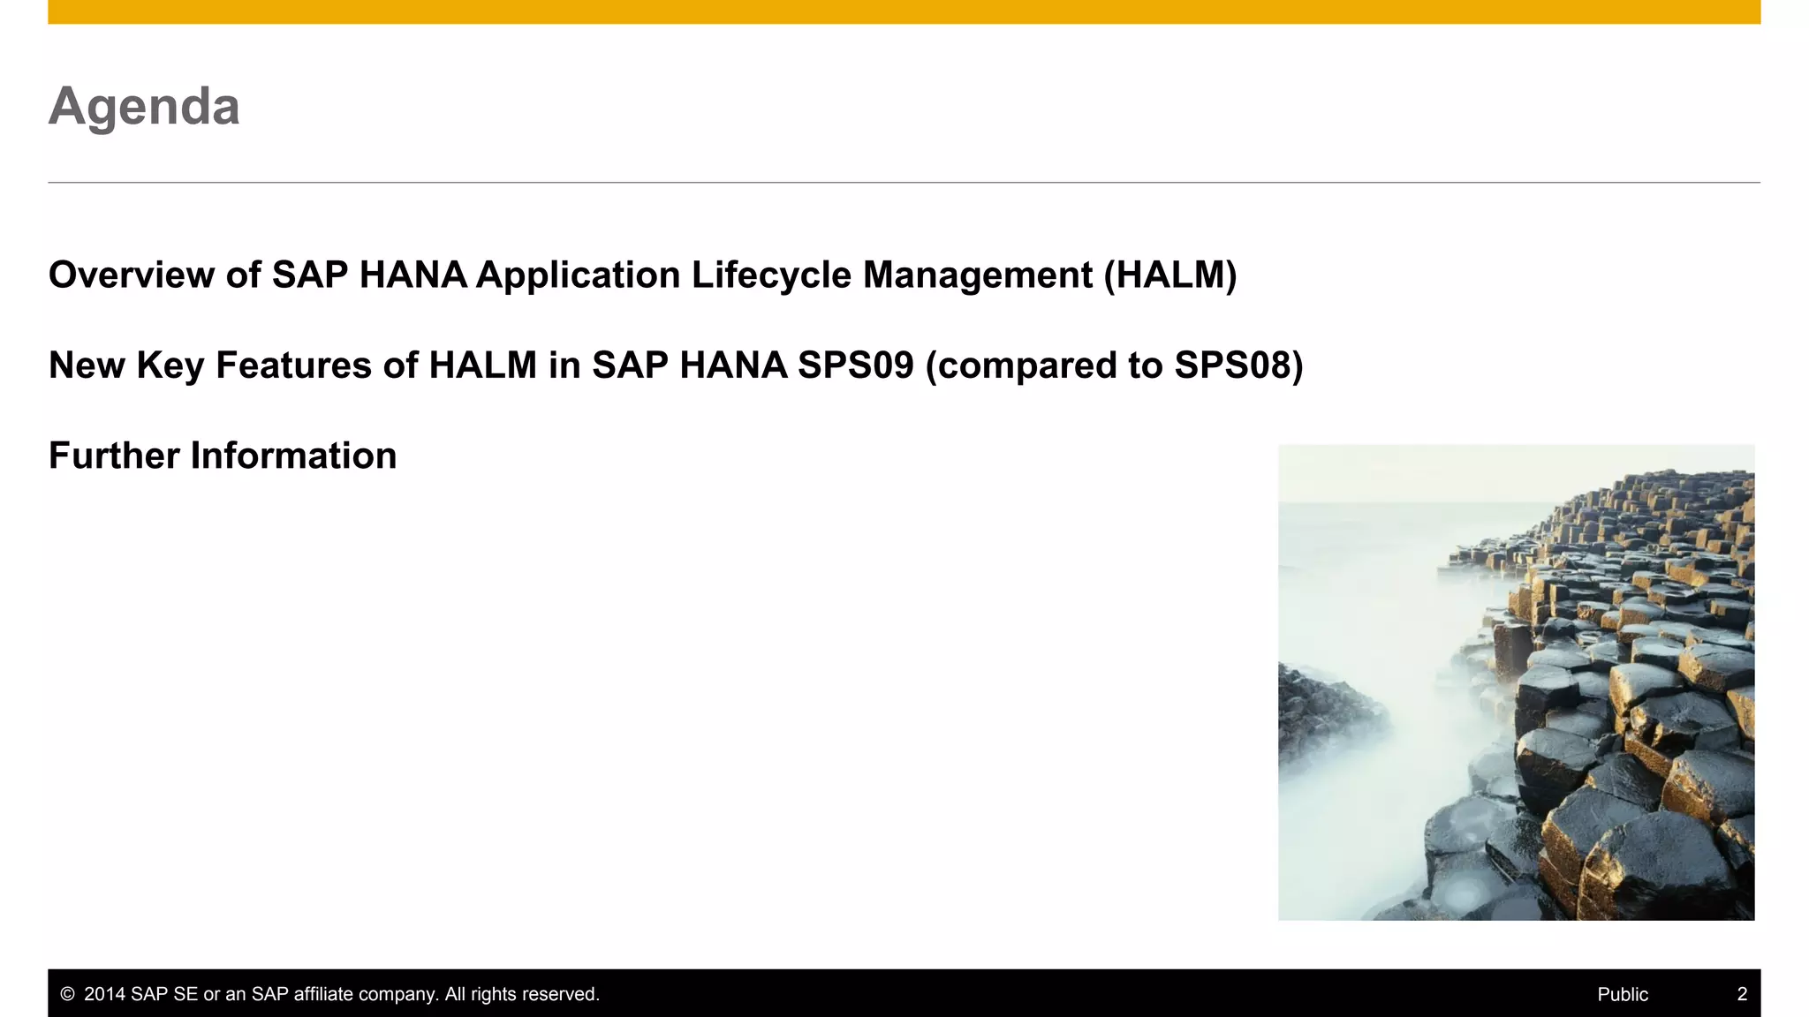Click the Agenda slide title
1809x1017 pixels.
tap(144, 107)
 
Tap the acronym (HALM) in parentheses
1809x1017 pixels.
tap(1169, 275)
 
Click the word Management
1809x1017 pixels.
tap(977, 275)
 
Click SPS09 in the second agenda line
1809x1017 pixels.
tap(855, 365)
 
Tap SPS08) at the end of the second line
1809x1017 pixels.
tap(1238, 365)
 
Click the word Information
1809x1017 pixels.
tap(293, 456)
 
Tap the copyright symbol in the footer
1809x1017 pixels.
tap(67, 994)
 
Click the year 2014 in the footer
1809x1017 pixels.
tap(104, 994)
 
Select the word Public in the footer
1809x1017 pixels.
tap(1622, 994)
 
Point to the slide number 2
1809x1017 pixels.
tap(1742, 994)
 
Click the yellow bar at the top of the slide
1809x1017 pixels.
tap(904, 11)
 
